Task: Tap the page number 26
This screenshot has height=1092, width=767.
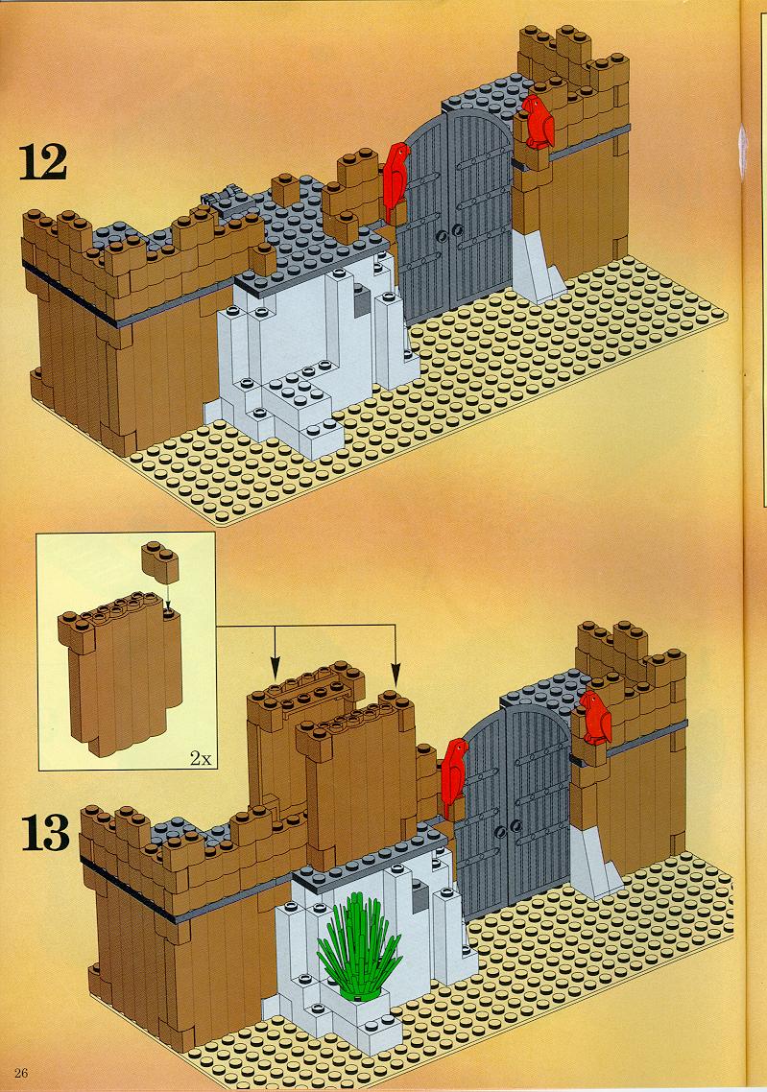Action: pyautogui.click(x=20, y=1073)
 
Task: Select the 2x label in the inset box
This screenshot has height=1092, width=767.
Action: pyautogui.click(x=200, y=758)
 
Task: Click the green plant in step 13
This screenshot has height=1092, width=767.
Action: pyautogui.click(x=360, y=943)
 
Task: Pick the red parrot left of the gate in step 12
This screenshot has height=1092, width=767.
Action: pyautogui.click(x=396, y=182)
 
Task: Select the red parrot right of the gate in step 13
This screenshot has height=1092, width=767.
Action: pyautogui.click(x=596, y=718)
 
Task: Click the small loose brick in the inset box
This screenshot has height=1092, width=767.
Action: pyautogui.click(x=159, y=561)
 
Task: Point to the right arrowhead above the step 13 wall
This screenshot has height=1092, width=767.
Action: pyautogui.click(x=395, y=673)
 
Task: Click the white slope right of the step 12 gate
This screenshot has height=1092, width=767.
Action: pyautogui.click(x=538, y=266)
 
